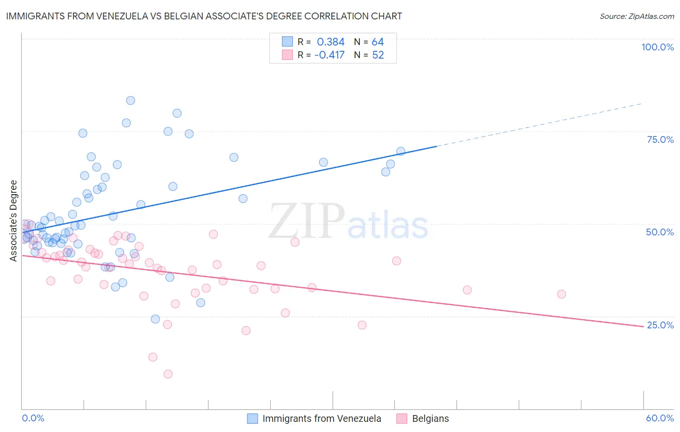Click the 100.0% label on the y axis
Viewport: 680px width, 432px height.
[657, 47]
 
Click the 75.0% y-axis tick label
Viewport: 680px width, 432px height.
[660, 139]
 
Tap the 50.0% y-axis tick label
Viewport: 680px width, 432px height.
[660, 232]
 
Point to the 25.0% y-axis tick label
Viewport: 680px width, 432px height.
[660, 325]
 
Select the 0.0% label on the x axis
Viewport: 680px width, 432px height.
[33, 418]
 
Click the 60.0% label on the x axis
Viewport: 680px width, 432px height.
[660, 418]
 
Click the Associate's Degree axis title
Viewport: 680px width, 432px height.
[14, 221]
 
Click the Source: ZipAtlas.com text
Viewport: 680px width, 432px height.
[636, 16]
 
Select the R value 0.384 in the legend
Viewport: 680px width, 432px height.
[330, 42]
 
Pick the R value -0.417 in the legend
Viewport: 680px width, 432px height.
[329, 55]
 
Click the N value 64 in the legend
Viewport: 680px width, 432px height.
[377, 42]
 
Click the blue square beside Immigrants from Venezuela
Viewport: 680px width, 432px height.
[252, 418]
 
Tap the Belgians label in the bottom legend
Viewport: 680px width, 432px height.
[430, 418]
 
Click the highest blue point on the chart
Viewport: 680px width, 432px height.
[131, 101]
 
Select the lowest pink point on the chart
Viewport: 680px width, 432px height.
[168, 374]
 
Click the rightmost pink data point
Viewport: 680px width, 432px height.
[562, 294]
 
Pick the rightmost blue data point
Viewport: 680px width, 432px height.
[401, 152]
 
